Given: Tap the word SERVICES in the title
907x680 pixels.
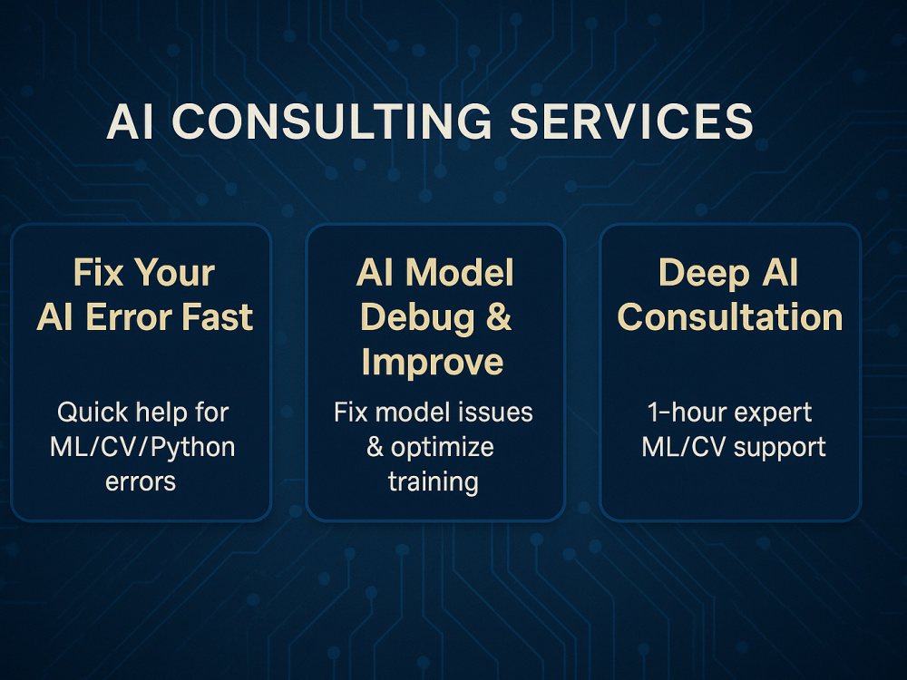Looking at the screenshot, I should click(x=631, y=123).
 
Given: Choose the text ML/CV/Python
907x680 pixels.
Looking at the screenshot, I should click(x=143, y=447).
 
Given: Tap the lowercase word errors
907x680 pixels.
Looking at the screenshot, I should click(x=141, y=481).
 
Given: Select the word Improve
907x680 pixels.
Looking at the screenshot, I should click(x=433, y=362).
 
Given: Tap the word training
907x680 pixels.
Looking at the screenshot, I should click(x=433, y=481).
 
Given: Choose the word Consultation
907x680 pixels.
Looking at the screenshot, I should click(x=730, y=317).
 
